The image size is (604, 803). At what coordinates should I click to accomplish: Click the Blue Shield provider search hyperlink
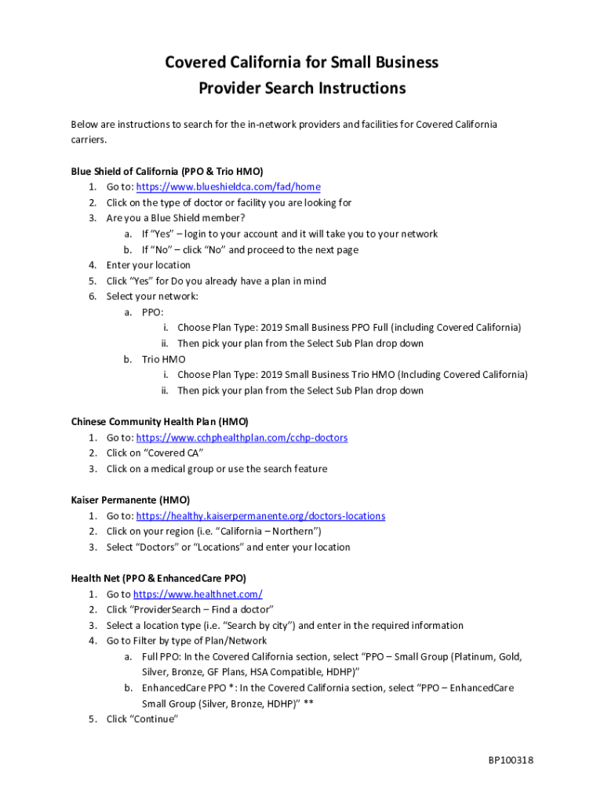[x=228, y=187]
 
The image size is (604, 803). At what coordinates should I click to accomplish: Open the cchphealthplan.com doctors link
[x=242, y=438]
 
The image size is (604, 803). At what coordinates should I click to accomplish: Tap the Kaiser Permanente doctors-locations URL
[x=260, y=516]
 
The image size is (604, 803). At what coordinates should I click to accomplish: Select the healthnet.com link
[x=198, y=594]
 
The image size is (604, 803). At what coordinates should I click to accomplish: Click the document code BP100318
[x=511, y=760]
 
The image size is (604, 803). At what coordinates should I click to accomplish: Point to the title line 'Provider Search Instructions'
[x=301, y=88]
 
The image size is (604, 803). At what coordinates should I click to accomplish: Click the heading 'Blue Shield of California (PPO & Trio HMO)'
[x=167, y=171]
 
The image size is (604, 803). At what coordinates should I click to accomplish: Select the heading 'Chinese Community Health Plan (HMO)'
[x=159, y=422]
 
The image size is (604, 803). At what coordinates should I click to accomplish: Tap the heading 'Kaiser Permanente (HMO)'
[x=130, y=500]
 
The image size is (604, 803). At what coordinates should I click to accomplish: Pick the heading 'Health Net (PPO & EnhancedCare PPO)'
[x=158, y=579]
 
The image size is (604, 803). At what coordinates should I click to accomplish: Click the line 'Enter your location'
[x=148, y=265]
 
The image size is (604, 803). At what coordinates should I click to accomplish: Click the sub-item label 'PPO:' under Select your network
[x=152, y=312]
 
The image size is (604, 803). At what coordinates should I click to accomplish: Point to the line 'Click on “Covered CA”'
[x=155, y=453]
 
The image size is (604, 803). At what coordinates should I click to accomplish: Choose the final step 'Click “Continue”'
[x=142, y=719]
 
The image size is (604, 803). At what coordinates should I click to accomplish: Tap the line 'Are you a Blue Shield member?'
[x=176, y=218]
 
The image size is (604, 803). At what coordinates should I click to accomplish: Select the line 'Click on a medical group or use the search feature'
[x=216, y=469]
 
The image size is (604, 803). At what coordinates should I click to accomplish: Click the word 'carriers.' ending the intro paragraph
[x=88, y=140]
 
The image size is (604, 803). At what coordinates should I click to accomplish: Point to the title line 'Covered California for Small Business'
[x=301, y=62]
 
